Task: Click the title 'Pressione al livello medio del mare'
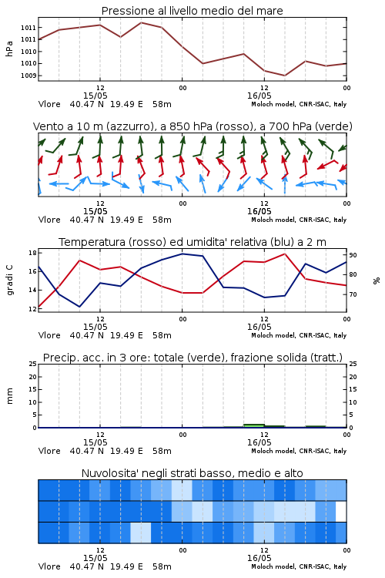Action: [192, 11]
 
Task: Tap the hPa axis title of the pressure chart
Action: [9, 49]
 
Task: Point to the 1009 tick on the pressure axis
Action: [28, 76]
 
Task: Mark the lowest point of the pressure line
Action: [284, 76]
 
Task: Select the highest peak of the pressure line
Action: [142, 22]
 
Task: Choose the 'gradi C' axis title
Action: [9, 280]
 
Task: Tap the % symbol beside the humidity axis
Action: [377, 281]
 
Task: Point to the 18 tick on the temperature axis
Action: [32, 253]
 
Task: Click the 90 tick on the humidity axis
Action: [353, 255]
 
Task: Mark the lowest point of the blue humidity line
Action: [79, 307]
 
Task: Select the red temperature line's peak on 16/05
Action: [284, 254]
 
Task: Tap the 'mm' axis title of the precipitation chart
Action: [9, 396]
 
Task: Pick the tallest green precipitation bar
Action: [254, 425]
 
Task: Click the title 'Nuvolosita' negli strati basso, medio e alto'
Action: [192, 473]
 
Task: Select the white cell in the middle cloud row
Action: [341, 512]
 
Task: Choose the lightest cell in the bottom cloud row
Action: [140, 533]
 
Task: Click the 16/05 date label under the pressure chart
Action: [259, 96]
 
